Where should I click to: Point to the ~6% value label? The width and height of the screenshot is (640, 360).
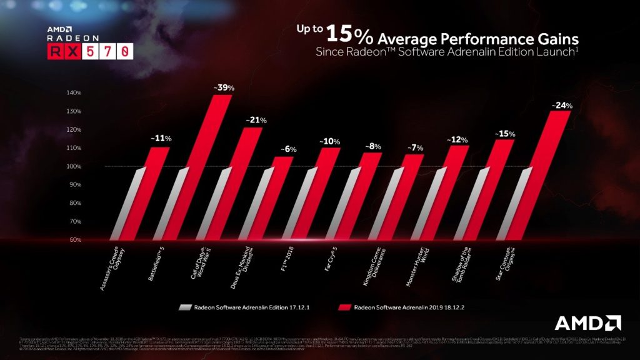click(x=288, y=149)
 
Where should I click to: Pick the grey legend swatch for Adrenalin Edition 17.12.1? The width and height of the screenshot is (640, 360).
click(x=184, y=307)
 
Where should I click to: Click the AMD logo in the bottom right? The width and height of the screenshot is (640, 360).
click(x=587, y=322)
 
